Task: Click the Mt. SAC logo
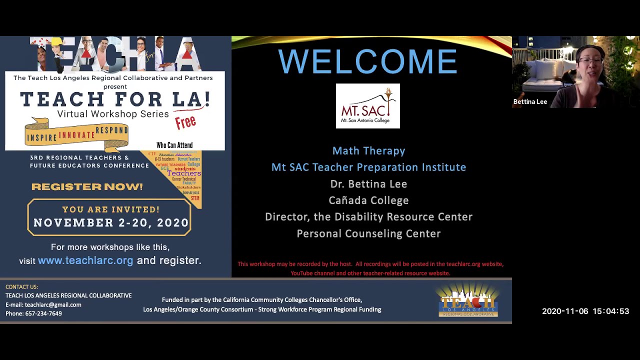click(367, 106)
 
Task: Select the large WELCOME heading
click(367, 61)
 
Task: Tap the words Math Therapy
click(368, 151)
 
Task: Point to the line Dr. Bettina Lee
click(368, 184)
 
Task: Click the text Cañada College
click(368, 200)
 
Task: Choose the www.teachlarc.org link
click(85, 260)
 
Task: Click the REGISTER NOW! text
click(87, 186)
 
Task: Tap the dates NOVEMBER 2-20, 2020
click(111, 223)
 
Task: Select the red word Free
click(185, 122)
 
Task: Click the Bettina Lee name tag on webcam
click(530, 101)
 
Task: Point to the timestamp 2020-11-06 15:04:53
click(585, 311)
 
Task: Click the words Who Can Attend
click(174, 145)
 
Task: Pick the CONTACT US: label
click(21, 287)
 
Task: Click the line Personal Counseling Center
click(368, 233)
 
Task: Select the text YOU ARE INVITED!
click(111, 209)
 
